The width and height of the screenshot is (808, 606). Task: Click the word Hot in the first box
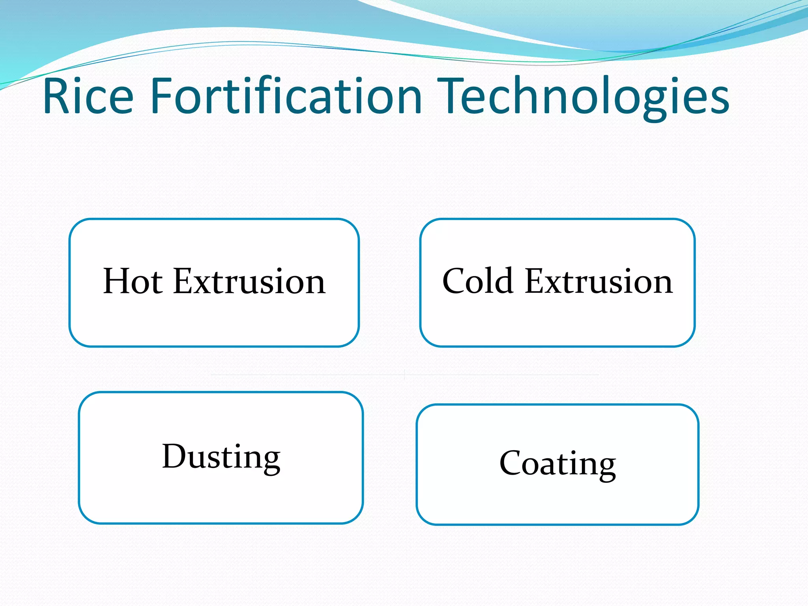pyautogui.click(x=133, y=281)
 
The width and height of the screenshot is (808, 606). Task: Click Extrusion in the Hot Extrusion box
pyautogui.click(x=249, y=281)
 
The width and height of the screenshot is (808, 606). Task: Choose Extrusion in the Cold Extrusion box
pyautogui.click(x=599, y=281)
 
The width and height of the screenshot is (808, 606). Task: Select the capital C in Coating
pyautogui.click(x=512, y=463)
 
